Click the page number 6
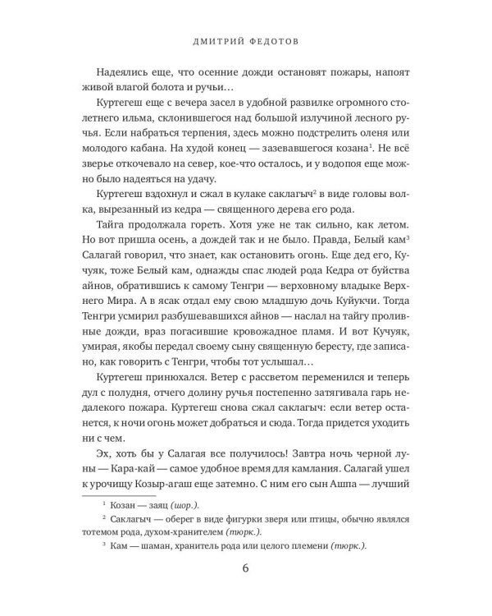pyautogui.click(x=245, y=572)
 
